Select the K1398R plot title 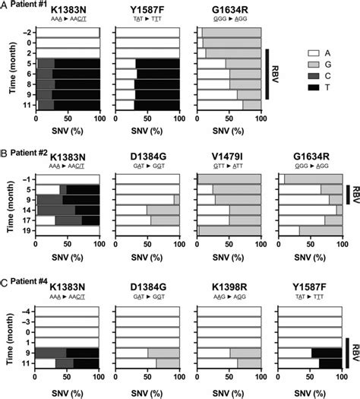[x=229, y=288]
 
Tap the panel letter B [x=5, y=150]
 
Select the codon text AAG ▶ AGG [x=229, y=299]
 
